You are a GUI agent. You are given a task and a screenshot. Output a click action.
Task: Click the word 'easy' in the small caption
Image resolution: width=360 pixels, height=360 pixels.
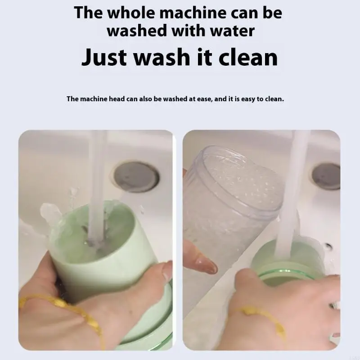click(x=245, y=99)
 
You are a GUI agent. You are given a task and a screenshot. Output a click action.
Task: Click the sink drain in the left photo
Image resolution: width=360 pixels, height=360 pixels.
click(x=136, y=176)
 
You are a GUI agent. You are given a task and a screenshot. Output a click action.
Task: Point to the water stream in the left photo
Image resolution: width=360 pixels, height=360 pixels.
click(x=96, y=180)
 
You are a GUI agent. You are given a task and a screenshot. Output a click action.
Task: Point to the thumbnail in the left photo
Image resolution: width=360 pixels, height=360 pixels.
click(x=167, y=271)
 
